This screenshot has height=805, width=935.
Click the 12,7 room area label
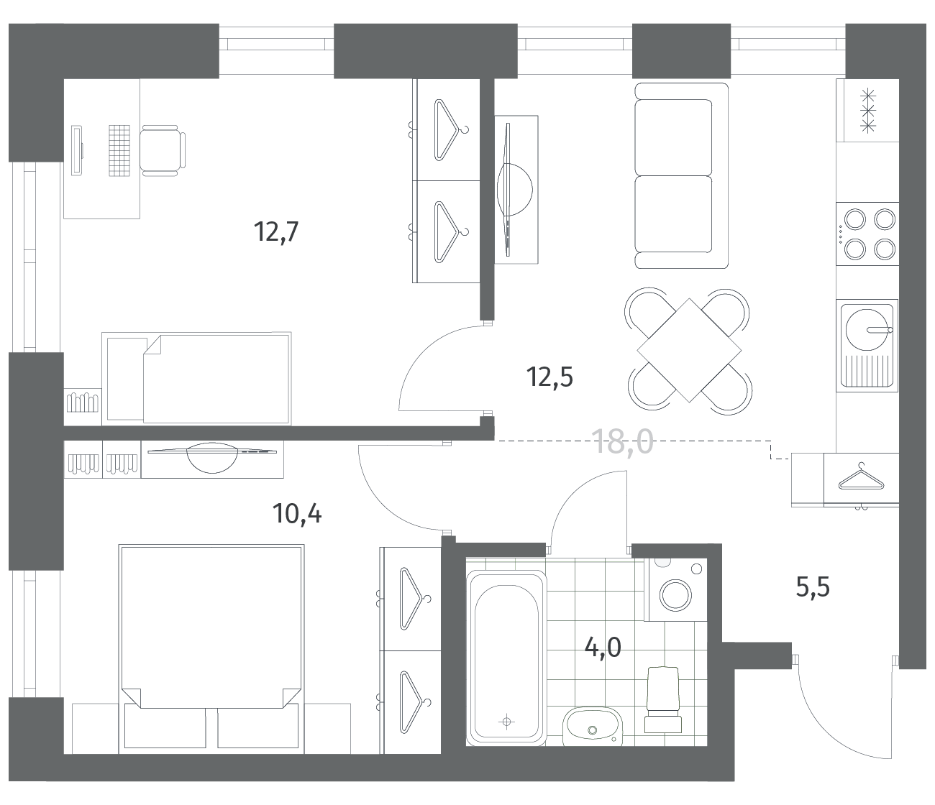pos(276,232)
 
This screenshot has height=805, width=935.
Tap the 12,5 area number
pos(549,377)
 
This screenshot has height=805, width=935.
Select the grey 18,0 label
pos(622,441)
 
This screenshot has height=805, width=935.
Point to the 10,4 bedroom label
pos(297,514)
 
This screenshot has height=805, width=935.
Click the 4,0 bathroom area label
pos(603,648)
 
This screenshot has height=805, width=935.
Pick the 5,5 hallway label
pos(813,588)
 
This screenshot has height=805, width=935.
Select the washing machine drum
pos(676,594)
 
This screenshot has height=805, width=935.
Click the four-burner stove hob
pos(867,234)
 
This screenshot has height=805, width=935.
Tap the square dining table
pos(689,350)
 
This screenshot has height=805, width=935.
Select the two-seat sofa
pos(681,175)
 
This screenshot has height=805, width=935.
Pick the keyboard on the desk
pos(119,150)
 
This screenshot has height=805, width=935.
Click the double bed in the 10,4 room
pos(211,649)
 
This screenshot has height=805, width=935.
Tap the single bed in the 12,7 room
pos(196,379)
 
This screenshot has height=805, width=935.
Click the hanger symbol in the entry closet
pos(861,477)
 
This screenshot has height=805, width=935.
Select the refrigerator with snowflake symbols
pos(867,111)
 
